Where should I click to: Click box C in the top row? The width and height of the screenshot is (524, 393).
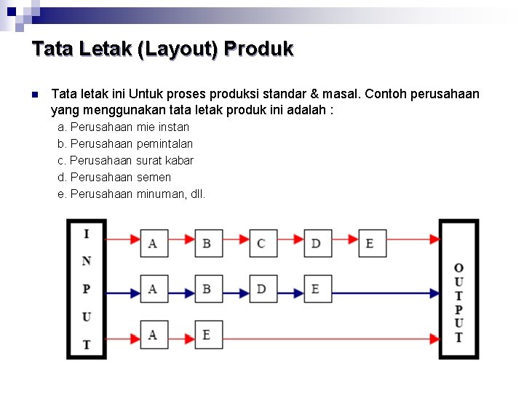click(262, 242)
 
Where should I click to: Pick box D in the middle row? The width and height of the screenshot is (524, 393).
click(262, 289)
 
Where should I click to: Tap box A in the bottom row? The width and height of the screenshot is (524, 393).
click(153, 335)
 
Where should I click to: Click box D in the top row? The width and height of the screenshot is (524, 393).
click(317, 242)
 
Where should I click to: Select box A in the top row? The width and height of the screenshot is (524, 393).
click(153, 242)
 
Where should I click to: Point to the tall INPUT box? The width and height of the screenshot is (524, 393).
click(87, 289)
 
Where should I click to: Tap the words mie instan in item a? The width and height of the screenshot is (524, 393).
click(162, 127)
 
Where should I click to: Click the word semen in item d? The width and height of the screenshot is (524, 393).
click(154, 177)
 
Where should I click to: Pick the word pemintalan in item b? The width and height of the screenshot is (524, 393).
click(164, 144)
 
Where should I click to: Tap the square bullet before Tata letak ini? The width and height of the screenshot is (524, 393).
click(34, 95)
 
